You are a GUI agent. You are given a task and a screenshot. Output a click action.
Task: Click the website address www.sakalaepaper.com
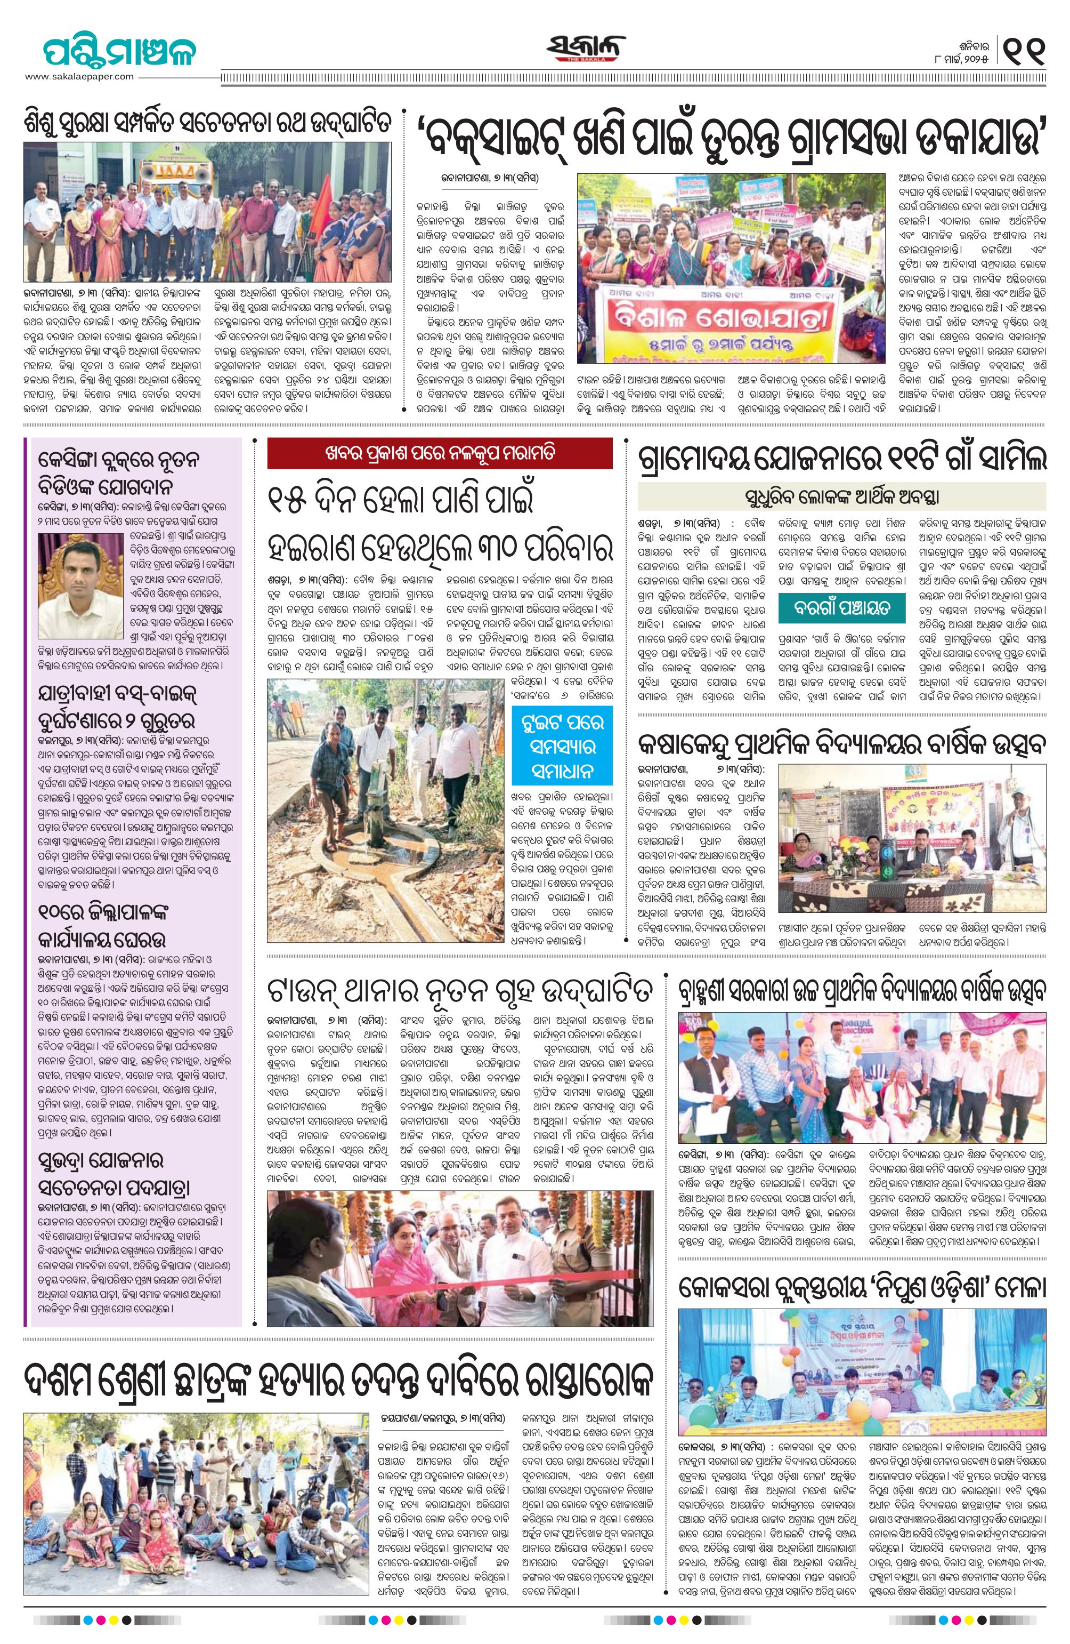coord(79,77)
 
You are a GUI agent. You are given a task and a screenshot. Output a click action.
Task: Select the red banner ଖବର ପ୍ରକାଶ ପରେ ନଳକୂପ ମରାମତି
coord(440,454)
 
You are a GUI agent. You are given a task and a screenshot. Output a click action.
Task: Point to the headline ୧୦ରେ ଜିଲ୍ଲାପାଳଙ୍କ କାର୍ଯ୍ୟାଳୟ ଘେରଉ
coord(103,926)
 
